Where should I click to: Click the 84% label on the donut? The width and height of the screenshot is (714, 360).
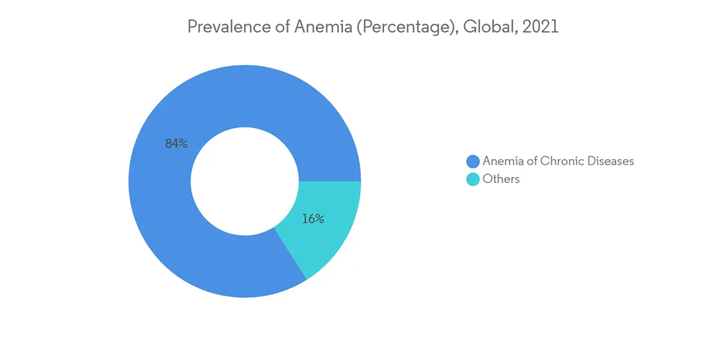tap(176, 144)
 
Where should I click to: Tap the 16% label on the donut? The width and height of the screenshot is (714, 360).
tap(313, 219)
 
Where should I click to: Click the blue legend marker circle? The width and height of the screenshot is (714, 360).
tap(473, 161)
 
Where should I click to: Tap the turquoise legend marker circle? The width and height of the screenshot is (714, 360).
tap(473, 179)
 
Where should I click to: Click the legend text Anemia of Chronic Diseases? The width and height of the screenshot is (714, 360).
tap(558, 161)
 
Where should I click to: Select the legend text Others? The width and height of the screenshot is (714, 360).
tap(501, 179)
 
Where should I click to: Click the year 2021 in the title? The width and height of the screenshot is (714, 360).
tap(540, 27)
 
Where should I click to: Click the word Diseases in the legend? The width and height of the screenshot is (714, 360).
tap(610, 161)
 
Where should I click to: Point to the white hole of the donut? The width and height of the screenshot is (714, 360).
tap(245, 181)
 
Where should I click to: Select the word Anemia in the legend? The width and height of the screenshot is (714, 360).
tap(503, 161)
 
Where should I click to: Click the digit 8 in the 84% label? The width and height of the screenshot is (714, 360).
tap(169, 144)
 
